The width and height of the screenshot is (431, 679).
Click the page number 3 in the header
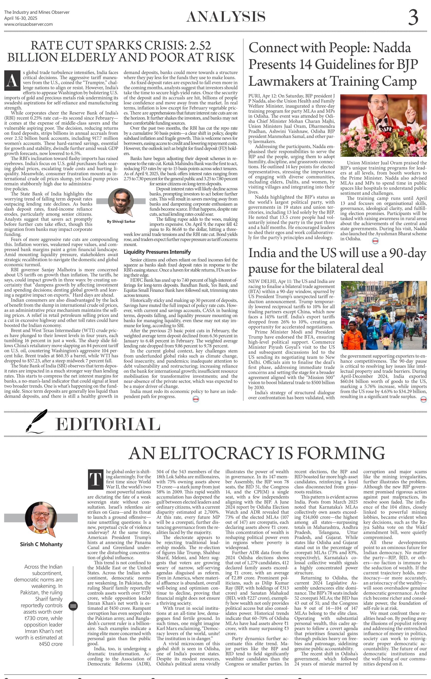[413, 18]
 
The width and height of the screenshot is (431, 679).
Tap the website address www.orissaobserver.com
[29, 24]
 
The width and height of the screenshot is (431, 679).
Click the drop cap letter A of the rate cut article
[12, 81]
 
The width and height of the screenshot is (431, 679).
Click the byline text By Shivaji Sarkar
[121, 222]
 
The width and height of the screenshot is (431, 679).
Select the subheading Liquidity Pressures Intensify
[157, 252]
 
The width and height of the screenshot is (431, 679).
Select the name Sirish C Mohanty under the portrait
[41, 545]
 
